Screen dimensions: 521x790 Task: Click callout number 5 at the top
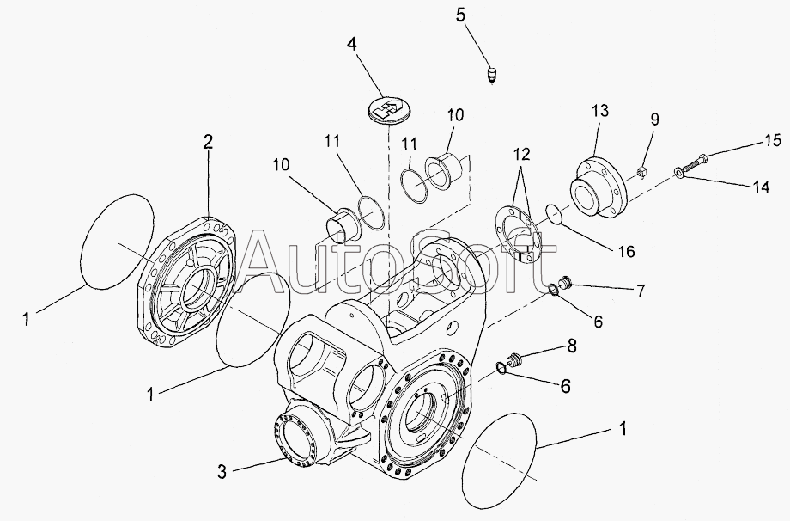pyautogui.click(x=484, y=15)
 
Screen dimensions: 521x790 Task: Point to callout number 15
pyautogui.click(x=772, y=139)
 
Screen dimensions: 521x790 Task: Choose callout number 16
pyautogui.click(x=626, y=251)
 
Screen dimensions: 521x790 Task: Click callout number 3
pyautogui.click(x=221, y=471)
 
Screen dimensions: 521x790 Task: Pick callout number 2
pyautogui.click(x=208, y=143)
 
